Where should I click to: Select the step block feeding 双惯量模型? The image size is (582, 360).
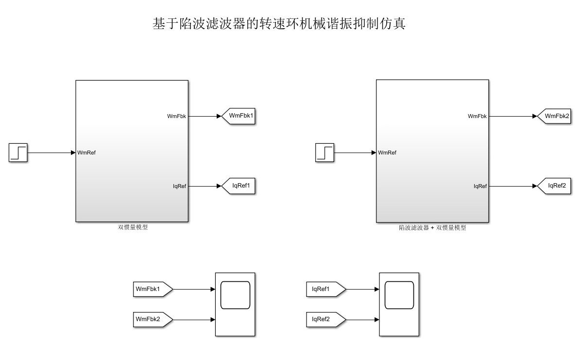click(x=18, y=153)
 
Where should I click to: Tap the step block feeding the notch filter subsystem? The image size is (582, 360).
click(x=325, y=153)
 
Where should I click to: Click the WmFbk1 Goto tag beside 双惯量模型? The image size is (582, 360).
click(x=239, y=116)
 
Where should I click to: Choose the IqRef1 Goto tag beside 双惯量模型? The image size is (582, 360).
click(x=239, y=186)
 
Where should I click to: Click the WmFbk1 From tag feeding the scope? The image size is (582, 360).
click(x=152, y=289)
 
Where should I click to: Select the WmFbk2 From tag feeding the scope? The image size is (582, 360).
click(x=152, y=319)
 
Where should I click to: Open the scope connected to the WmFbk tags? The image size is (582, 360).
click(x=235, y=304)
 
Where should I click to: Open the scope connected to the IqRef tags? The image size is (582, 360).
click(x=399, y=304)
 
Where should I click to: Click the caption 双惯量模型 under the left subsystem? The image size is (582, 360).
click(x=133, y=227)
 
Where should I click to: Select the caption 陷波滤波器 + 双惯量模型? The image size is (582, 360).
click(x=432, y=227)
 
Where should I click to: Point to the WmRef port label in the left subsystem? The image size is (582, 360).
click(x=87, y=153)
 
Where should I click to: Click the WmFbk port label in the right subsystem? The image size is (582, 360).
click(x=477, y=117)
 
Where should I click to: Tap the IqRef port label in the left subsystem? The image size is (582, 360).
click(x=179, y=186)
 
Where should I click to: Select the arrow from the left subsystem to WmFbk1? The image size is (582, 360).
click(x=205, y=116)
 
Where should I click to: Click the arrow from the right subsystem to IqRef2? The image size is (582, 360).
click(x=513, y=186)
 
